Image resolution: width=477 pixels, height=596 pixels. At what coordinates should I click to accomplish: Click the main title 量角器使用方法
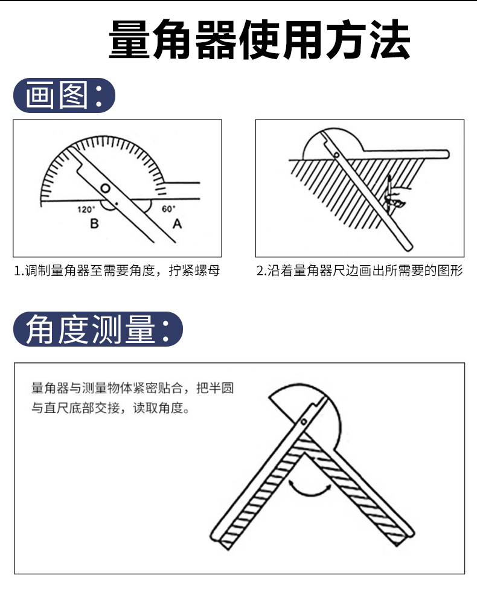(260, 41)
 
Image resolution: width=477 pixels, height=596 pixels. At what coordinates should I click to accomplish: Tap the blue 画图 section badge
(64, 95)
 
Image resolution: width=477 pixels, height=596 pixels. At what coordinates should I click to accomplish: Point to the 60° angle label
(168, 209)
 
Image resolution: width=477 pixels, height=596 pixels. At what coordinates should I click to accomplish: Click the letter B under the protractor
(94, 225)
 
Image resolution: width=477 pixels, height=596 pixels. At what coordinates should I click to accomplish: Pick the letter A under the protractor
(177, 225)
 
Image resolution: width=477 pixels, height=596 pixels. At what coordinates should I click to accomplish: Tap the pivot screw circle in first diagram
(106, 188)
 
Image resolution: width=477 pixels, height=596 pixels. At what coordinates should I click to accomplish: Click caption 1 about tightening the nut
(117, 271)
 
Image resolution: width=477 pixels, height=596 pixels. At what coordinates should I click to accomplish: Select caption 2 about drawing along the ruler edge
(360, 271)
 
